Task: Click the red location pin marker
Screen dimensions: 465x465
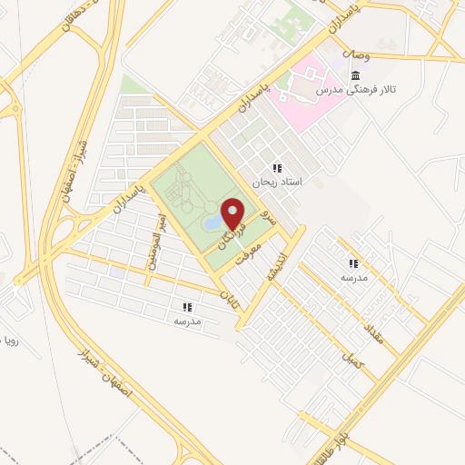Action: coord(233,213)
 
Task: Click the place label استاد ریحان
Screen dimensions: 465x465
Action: coord(276,182)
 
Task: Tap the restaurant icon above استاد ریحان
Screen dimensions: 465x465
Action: coord(276,168)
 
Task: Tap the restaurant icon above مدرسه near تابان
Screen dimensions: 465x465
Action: coord(187,307)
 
